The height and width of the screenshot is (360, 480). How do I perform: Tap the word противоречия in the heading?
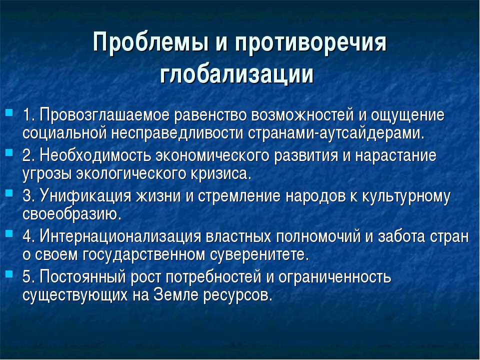click(x=310, y=43)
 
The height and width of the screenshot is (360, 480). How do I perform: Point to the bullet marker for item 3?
click(x=9, y=193)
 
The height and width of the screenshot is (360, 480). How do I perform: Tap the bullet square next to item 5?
click(x=9, y=273)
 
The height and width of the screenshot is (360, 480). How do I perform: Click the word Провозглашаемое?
click(x=104, y=115)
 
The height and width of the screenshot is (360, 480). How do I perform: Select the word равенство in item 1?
click(x=210, y=115)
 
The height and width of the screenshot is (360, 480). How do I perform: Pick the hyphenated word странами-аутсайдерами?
click(x=335, y=133)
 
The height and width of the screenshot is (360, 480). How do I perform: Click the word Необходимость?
click(x=95, y=155)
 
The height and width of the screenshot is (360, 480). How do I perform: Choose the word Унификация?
click(x=85, y=195)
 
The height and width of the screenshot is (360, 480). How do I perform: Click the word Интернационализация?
click(x=120, y=236)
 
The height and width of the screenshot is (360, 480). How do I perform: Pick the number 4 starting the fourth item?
click(x=27, y=236)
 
